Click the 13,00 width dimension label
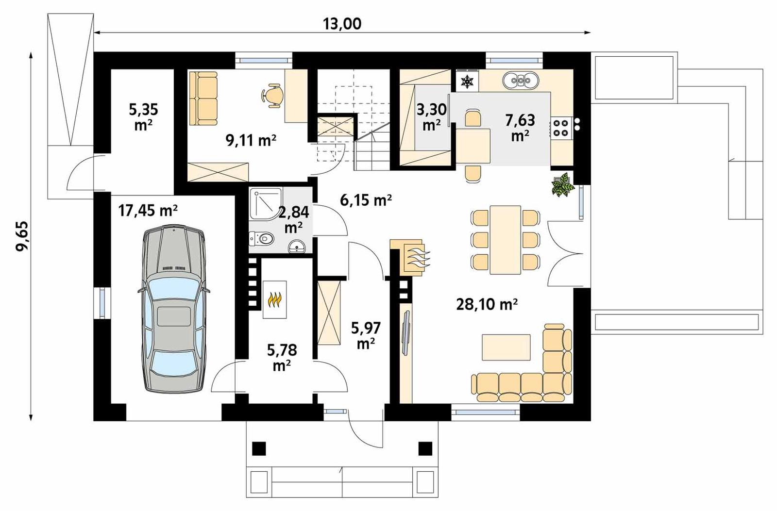(x=342, y=23)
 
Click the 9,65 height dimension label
(x=22, y=236)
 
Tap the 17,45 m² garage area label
(x=148, y=211)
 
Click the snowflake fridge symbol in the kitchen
(x=467, y=82)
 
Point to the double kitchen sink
(x=521, y=81)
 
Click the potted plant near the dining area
(x=562, y=185)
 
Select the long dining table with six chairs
(x=505, y=240)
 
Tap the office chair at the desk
(x=273, y=94)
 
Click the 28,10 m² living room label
(x=487, y=304)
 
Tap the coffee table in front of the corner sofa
(x=506, y=347)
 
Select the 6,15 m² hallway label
(x=366, y=199)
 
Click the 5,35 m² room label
(x=143, y=117)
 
